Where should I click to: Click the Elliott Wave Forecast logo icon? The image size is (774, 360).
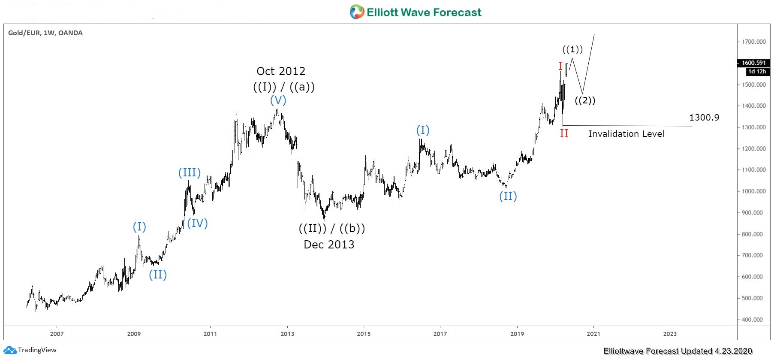pyautogui.click(x=357, y=12)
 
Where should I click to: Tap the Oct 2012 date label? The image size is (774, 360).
pyautogui.click(x=281, y=71)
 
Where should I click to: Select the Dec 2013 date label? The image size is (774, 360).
pyautogui.click(x=329, y=245)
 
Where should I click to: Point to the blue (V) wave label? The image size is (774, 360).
pyautogui.click(x=278, y=100)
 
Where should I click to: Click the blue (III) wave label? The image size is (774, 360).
pyautogui.click(x=189, y=173)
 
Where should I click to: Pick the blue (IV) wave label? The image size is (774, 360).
pyautogui.click(x=197, y=223)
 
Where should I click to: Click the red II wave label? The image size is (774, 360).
pyautogui.click(x=564, y=133)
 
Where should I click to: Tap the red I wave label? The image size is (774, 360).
pyautogui.click(x=560, y=66)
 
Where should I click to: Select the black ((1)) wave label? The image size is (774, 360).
pyautogui.click(x=572, y=50)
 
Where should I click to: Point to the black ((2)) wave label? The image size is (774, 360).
pyautogui.click(x=585, y=101)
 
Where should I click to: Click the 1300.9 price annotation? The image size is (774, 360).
pyautogui.click(x=704, y=118)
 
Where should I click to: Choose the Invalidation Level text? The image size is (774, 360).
pyautogui.click(x=626, y=134)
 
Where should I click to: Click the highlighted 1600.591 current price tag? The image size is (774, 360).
pyautogui.click(x=753, y=63)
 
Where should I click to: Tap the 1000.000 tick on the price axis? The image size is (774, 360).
pyautogui.click(x=753, y=191)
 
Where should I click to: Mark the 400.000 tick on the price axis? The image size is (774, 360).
pyautogui.click(x=753, y=320)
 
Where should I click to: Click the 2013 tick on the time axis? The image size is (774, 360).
pyautogui.click(x=287, y=334)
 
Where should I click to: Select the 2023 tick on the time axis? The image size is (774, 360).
pyautogui.click(x=670, y=334)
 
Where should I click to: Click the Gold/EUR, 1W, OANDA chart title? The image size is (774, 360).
pyautogui.click(x=45, y=33)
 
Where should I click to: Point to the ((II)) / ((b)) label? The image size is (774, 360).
pyautogui.click(x=332, y=229)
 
